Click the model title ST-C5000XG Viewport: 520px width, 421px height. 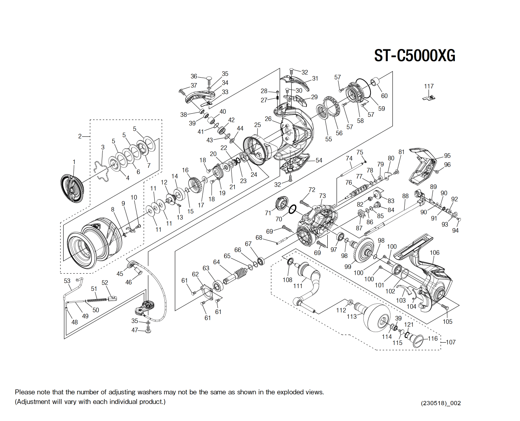(414, 56)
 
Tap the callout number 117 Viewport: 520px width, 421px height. (429, 86)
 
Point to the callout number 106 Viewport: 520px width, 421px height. (434, 253)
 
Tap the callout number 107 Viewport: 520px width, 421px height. (451, 342)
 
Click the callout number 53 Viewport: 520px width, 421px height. (67, 281)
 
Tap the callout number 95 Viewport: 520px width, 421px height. (447, 156)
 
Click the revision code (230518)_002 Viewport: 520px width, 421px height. (441, 403)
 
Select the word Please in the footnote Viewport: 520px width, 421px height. (25, 392)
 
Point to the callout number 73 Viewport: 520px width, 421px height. (322, 196)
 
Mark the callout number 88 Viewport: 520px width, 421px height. (405, 196)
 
